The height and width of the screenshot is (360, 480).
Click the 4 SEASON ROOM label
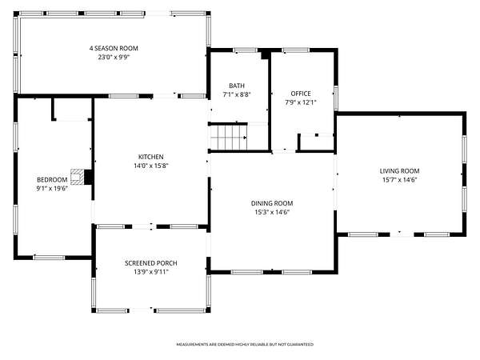coord(114,48)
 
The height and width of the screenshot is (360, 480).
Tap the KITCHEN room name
coord(151,157)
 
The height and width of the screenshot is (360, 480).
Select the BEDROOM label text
coord(52,180)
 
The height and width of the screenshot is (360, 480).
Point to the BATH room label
coord(237,86)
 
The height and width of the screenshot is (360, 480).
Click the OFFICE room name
coord(301,94)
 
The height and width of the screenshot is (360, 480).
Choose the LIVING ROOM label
coord(399,171)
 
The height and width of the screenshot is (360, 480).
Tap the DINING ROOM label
coord(272,203)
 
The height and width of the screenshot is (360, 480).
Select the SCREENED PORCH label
coord(151,263)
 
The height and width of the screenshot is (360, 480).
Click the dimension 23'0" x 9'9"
coord(114,58)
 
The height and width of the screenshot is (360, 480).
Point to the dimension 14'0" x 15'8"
coord(151,166)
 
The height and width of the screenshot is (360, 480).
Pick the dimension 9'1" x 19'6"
coord(52,189)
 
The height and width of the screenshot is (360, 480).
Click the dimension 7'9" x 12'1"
coord(301,102)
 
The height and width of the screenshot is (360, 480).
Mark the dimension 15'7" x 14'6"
coord(400,180)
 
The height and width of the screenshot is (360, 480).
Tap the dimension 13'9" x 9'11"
coord(151,272)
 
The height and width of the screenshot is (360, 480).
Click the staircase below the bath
coord(228,138)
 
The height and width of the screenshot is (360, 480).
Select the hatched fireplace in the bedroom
coord(77,177)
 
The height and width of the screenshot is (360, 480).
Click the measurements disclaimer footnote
coord(245,345)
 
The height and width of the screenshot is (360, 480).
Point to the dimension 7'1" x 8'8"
coord(237,95)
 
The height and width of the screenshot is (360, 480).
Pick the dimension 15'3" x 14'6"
coord(272,212)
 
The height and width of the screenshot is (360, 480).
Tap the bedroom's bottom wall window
coord(49,258)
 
